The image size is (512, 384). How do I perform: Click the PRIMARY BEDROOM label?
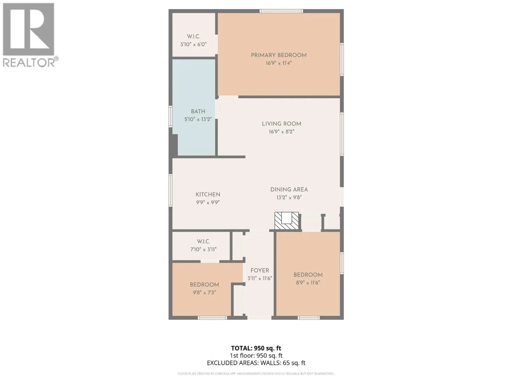tap(278, 55)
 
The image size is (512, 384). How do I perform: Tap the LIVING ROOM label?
tap(281, 124)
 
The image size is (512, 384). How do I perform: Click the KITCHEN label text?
tap(208, 195)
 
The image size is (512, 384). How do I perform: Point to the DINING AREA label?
tap(289, 190)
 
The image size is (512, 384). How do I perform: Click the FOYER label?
tap(259, 270)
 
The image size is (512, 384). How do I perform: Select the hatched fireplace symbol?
tap(286, 221)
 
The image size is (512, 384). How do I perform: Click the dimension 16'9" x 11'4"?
tap(278, 63)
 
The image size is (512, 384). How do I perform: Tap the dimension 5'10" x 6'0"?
tap(193, 44)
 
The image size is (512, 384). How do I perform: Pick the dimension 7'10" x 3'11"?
tap(203, 250)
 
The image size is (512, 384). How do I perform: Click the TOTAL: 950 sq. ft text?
tap(256, 348)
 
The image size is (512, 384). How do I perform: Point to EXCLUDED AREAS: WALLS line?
tap(256, 363)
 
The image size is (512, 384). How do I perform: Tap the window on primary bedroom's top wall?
tap(281, 11)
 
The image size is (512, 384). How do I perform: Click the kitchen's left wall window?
tap(171, 190)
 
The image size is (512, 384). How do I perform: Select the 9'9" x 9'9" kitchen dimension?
tap(208, 202)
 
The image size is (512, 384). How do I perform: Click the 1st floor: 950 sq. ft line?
tap(256, 355)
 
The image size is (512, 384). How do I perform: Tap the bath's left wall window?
tap(171, 116)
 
